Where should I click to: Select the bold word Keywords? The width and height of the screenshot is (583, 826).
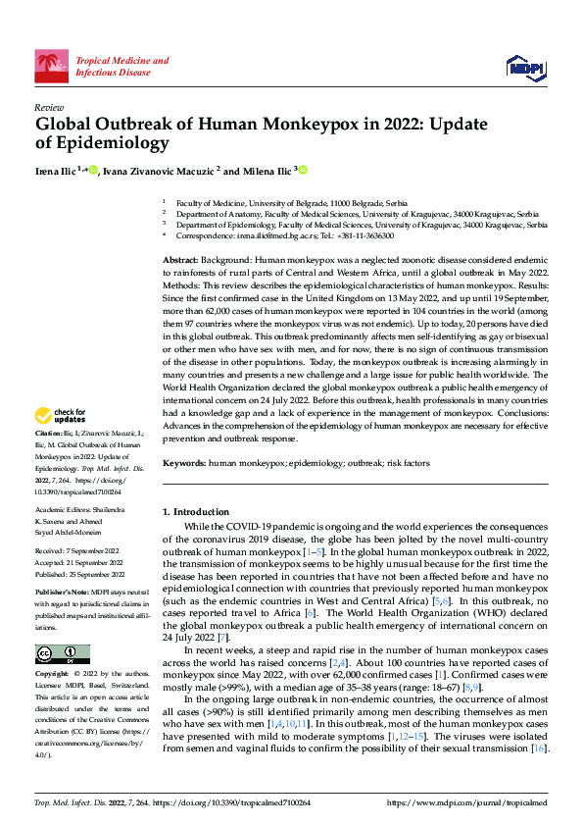pos(184,461)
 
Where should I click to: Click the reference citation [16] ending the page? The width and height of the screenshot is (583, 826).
pos(539,749)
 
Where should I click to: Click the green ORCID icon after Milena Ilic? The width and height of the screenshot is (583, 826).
pos(304,171)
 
